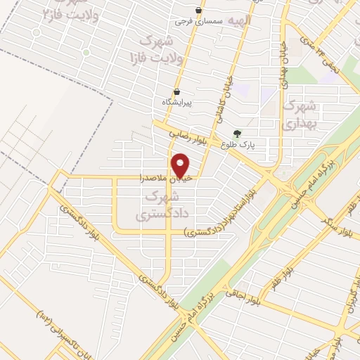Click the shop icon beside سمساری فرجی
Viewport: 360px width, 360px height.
tap(200, 10)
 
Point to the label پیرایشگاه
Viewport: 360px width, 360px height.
tap(177, 102)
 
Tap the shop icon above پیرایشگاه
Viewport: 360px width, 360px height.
tap(176, 91)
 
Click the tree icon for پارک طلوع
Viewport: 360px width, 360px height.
tap(237, 133)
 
